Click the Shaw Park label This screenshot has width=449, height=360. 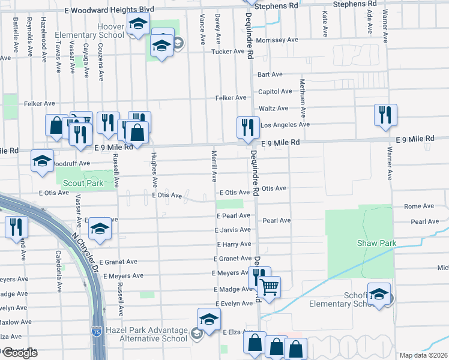377,243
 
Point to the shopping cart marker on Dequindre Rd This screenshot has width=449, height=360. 270,288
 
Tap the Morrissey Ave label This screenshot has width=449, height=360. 277,40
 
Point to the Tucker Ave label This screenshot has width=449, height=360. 228,52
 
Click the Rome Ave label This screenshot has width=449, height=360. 418,206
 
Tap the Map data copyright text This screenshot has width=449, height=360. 424,355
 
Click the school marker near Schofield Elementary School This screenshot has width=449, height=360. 379,295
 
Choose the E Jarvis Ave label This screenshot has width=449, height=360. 232,230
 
